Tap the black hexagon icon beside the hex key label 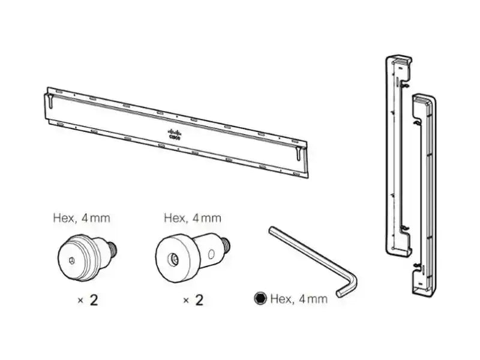click(x=260, y=298)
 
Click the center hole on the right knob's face click(x=173, y=259)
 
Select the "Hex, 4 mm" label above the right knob click(x=192, y=218)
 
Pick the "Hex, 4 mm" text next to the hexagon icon click(x=298, y=298)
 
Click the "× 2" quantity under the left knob click(x=88, y=300)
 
